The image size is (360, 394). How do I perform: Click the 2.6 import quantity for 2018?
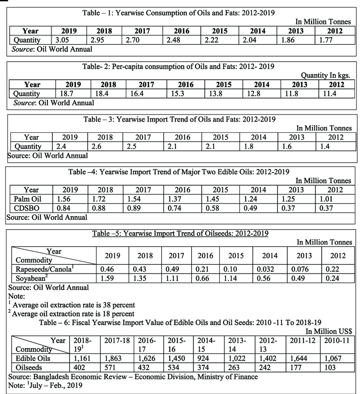tap(97, 146)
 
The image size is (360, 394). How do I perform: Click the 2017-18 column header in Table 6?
tap(117, 340)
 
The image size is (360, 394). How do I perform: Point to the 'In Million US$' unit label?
tap(329, 331)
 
